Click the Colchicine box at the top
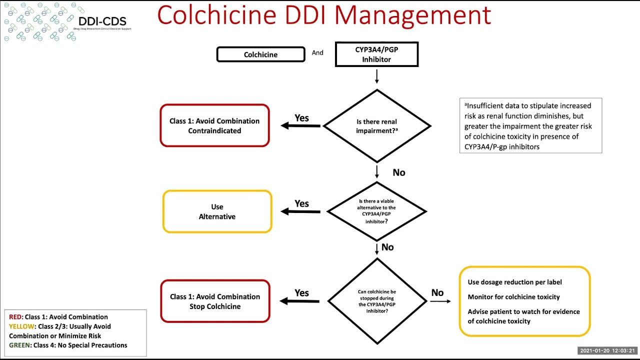[x=260, y=54]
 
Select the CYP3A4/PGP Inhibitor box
[x=376, y=54]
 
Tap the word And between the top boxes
[x=317, y=52]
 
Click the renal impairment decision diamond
[x=376, y=126]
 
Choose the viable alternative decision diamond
[x=376, y=211]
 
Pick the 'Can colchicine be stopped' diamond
[x=376, y=301]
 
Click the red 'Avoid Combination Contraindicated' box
[x=214, y=126]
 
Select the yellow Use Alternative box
[x=217, y=211]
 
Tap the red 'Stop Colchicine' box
[x=215, y=301]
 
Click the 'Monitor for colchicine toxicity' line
[x=513, y=297]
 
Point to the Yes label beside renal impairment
[x=301, y=118]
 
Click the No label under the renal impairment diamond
[x=399, y=172]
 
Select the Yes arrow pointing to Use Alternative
[x=300, y=211]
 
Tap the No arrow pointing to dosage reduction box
[x=440, y=301]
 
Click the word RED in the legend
[x=15, y=317]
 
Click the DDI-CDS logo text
[x=102, y=21]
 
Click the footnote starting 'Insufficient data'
[x=530, y=126]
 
